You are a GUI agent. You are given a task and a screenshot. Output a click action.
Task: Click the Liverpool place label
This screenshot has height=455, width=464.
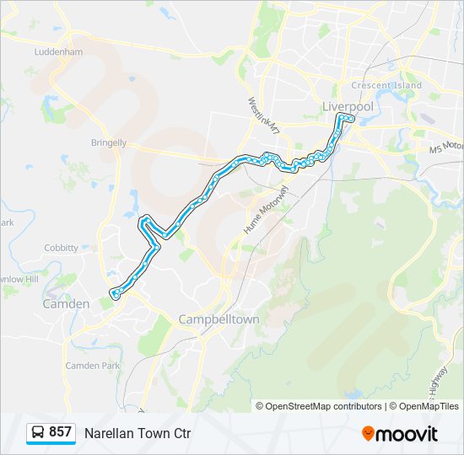(x=347, y=106)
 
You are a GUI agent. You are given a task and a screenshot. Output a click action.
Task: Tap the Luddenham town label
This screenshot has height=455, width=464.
(x=58, y=51)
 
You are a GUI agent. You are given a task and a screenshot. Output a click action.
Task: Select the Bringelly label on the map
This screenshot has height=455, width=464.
(x=109, y=142)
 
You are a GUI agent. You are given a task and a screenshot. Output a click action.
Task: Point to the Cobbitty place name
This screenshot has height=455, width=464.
(x=61, y=248)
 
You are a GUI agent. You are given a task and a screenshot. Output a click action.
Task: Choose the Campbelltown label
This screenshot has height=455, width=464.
(x=219, y=320)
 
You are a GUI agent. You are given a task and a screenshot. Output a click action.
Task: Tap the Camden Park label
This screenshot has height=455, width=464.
(x=93, y=366)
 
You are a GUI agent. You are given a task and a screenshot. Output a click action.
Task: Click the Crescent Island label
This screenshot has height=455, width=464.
(x=386, y=86)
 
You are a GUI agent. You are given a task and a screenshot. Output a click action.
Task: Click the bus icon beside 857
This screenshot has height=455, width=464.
(x=38, y=433)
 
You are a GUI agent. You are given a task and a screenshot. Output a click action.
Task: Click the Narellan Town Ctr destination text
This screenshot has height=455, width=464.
(x=138, y=434)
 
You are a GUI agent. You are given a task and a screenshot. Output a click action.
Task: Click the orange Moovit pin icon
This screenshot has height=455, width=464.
(x=368, y=434)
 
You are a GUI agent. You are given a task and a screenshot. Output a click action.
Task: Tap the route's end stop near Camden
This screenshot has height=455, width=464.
(x=114, y=293)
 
